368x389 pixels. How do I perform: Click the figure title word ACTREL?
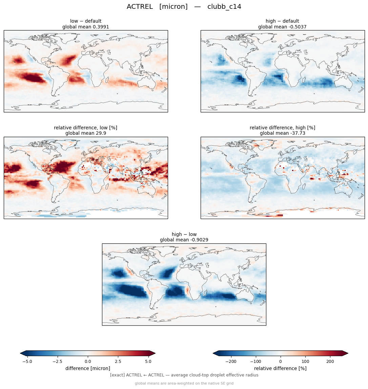pyautogui.click(x=140, y=7)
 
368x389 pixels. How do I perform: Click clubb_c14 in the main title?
pyautogui.click(x=224, y=7)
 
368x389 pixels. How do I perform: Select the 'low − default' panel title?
pyautogui.click(x=86, y=21)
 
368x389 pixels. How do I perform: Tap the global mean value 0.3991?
pyautogui.click(x=101, y=27)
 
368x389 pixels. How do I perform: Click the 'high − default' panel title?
pyautogui.click(x=282, y=21)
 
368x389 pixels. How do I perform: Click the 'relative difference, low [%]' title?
pyautogui.click(x=85, y=128)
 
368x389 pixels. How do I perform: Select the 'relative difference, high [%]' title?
pyautogui.click(x=282, y=128)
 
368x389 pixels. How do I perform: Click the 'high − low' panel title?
pyautogui.click(x=184, y=234)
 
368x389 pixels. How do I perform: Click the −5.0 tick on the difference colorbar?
pyautogui.click(x=27, y=362)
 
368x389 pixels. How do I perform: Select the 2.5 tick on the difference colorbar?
pyautogui.click(x=118, y=362)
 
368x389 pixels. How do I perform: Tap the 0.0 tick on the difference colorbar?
pyautogui.click(x=88, y=362)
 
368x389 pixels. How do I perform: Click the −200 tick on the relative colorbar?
pyautogui.click(x=231, y=362)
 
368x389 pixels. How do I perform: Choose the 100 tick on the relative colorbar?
pyautogui.click(x=305, y=362)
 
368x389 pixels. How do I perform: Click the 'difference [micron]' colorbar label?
pyautogui.click(x=88, y=368)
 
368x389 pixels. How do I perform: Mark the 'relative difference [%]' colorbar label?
pyautogui.click(x=280, y=368)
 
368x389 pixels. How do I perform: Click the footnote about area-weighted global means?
pyautogui.click(x=184, y=383)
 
